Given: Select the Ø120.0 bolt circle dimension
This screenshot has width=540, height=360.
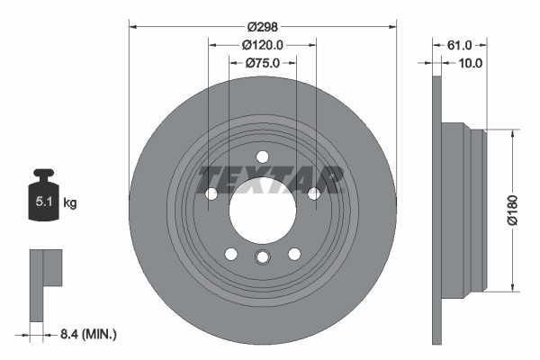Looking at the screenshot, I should pyautogui.click(x=263, y=45).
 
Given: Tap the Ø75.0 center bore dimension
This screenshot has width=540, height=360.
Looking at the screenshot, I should pyautogui.click(x=263, y=63).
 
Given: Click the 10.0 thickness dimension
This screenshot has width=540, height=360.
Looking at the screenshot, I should pyautogui.click(x=471, y=63).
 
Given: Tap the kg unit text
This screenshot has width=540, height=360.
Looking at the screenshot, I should pyautogui.click(x=70, y=203).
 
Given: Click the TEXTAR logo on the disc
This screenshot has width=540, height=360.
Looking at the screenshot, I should pyautogui.click(x=271, y=178).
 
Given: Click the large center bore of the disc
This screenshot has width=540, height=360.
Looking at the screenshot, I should pyautogui.click(x=262, y=210).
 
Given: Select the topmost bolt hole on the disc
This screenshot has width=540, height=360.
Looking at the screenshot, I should pyautogui.click(x=262, y=157).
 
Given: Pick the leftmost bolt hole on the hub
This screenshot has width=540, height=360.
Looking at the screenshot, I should pyautogui.click(x=211, y=193).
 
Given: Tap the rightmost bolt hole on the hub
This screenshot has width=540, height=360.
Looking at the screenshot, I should pyautogui.click(x=313, y=193).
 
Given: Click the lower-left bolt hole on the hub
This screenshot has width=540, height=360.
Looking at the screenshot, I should pyautogui.click(x=231, y=254).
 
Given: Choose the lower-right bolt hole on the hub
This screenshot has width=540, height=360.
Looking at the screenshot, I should pyautogui.click(x=293, y=254).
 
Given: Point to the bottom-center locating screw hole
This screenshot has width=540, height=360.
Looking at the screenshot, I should pyautogui.click(x=262, y=258).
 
